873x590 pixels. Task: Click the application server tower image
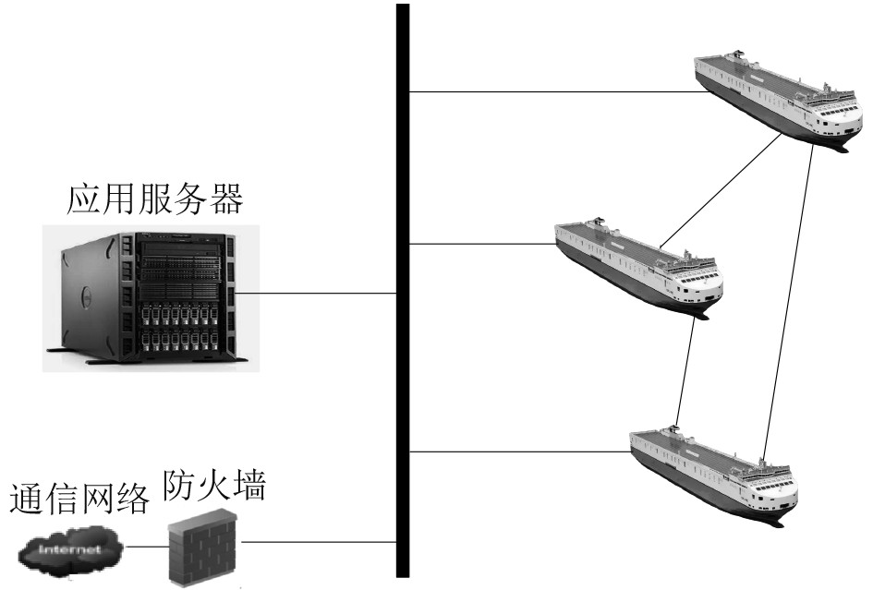coord(148,295)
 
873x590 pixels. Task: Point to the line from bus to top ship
coord(554,92)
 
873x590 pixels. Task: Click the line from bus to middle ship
coord(480,244)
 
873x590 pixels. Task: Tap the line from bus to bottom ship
coord(517,452)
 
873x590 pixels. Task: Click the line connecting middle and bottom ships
coord(685,369)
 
